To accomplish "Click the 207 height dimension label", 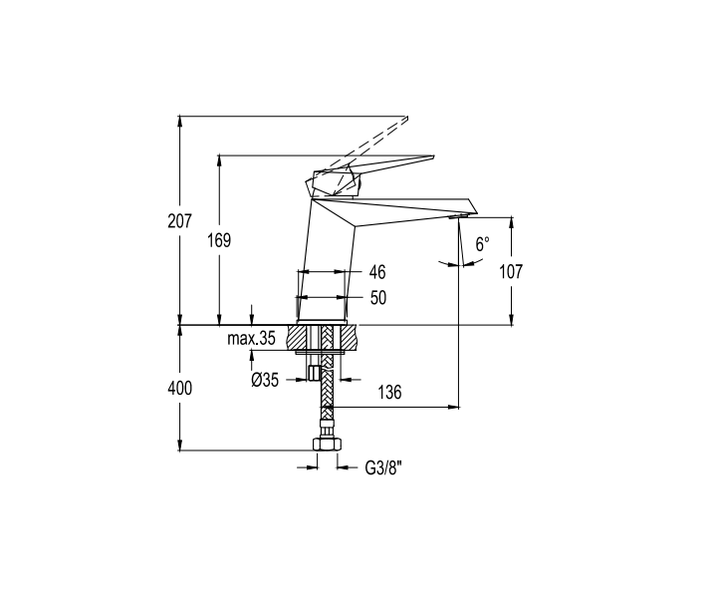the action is point(180,221).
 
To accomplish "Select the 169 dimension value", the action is point(219,240).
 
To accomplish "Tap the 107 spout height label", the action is point(511,271).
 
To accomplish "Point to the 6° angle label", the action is point(482,244).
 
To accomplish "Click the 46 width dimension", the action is point(377,272).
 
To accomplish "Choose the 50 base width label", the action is point(378,298).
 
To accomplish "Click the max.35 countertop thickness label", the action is point(251,339).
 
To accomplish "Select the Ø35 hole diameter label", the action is point(265,380).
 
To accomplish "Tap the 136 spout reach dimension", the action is point(389,392).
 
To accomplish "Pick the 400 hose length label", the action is point(180,389).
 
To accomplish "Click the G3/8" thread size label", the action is point(383,468).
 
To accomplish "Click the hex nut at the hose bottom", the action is point(327,444).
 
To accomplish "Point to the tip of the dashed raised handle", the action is point(406,119).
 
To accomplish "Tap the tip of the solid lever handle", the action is point(433,157).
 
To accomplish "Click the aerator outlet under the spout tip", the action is point(458,216).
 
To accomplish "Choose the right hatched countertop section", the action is point(349,338).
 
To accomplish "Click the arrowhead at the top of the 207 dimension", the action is point(180,121).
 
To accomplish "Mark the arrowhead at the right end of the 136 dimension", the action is point(454,407).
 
